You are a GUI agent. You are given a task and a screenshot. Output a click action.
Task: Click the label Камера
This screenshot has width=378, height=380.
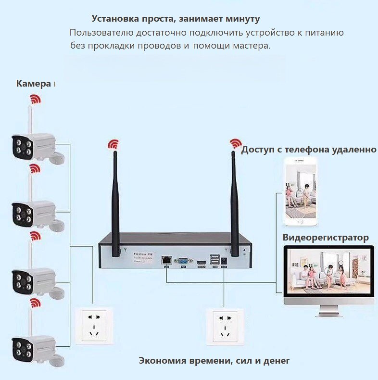pyautogui.click(x=33, y=84)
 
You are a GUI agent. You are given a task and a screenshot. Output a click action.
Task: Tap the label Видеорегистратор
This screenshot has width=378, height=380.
pyautogui.click(x=326, y=238)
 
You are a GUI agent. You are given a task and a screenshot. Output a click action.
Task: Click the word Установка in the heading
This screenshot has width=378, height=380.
pyautogui.click(x=115, y=19)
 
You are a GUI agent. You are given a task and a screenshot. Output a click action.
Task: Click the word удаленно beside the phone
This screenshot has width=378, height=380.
pyautogui.click(x=354, y=149)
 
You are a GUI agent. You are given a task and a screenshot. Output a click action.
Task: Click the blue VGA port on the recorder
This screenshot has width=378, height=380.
pyautogui.click(x=183, y=262)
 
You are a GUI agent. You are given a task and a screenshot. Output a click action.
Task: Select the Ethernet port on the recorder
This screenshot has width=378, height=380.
pyautogui.click(x=167, y=260)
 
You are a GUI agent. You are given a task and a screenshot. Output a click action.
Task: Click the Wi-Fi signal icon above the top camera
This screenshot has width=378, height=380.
pyautogui.click(x=35, y=99)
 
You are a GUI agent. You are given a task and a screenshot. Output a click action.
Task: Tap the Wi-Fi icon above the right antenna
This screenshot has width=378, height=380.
pyautogui.click(x=236, y=143)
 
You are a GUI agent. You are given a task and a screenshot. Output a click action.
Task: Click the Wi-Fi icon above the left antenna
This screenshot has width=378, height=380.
pyautogui.click(x=113, y=144)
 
